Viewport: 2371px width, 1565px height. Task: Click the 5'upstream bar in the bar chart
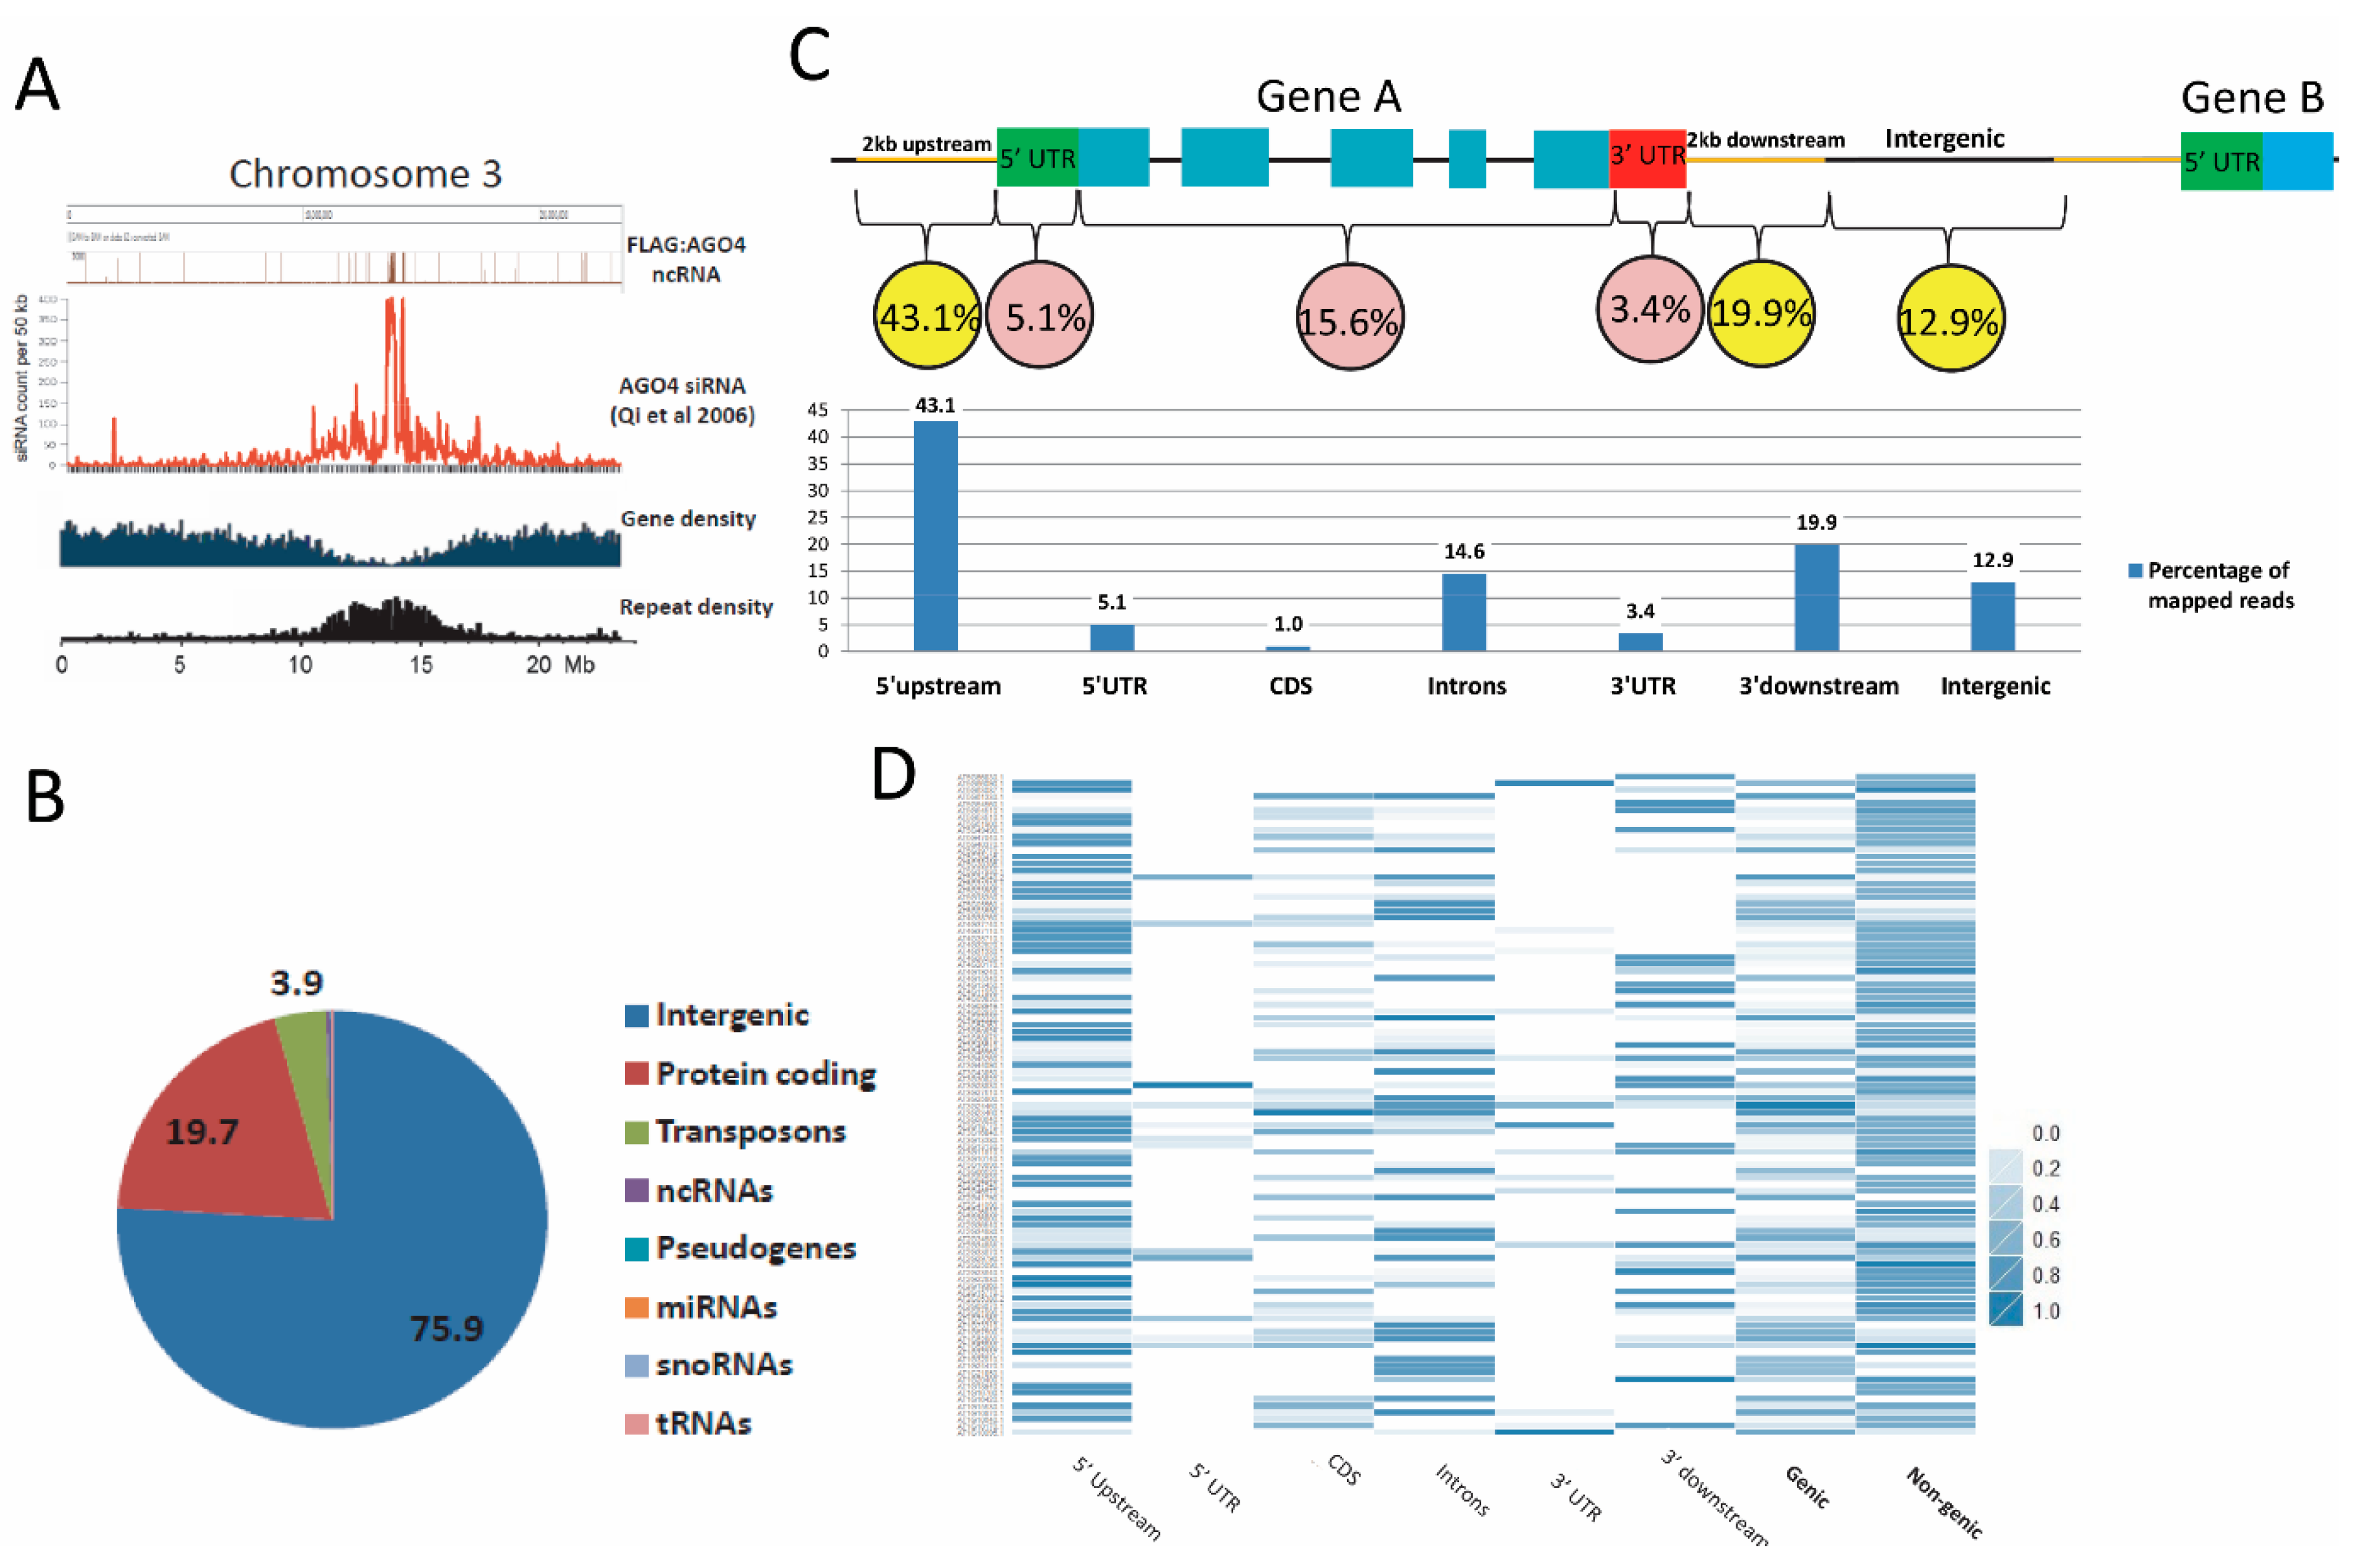[x=935, y=536]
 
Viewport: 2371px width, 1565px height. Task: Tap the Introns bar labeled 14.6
[x=1464, y=612]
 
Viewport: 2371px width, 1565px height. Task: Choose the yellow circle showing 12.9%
[x=1949, y=319]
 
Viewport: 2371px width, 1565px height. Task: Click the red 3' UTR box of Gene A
[x=1646, y=158]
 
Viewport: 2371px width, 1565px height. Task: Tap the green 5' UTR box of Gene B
[x=2220, y=161]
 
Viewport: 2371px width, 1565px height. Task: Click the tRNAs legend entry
[x=702, y=1423]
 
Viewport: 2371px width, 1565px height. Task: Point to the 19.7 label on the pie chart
[x=201, y=1132]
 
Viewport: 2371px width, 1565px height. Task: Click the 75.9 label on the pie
[x=446, y=1329]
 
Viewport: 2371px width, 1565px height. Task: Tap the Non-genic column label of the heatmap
[x=1944, y=1502]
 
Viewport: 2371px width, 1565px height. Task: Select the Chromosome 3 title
[x=365, y=174]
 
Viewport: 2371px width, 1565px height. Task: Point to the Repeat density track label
[x=696, y=607]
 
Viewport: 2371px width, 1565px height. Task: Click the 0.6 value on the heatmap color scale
[x=2045, y=1239]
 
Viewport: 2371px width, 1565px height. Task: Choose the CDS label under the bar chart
[x=1290, y=686]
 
